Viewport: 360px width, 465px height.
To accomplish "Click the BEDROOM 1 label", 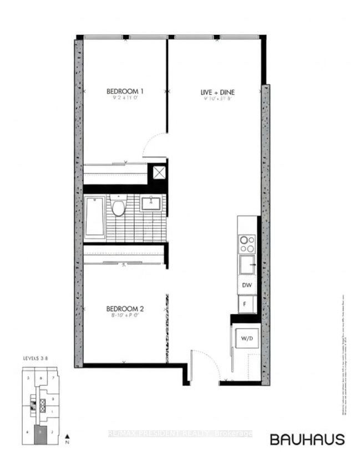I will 125,91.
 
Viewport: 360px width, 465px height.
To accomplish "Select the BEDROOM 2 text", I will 125,309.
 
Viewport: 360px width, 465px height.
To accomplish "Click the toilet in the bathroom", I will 117,207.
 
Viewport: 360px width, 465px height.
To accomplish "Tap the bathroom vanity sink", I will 150,203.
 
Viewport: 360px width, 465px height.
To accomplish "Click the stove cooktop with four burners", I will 247,244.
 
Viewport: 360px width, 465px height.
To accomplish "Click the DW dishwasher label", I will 247,286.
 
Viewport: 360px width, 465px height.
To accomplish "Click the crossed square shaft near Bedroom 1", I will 159,173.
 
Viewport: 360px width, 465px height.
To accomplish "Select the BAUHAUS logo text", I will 307,439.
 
